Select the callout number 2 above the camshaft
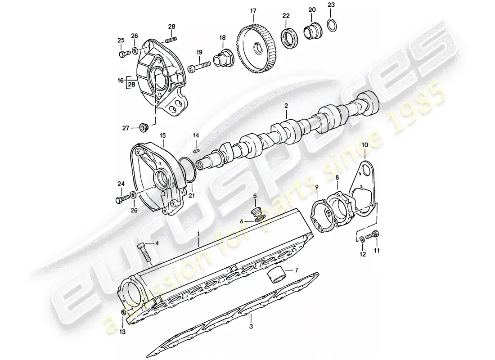(x=285, y=106)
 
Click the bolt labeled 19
(x=201, y=67)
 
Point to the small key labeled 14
(x=196, y=150)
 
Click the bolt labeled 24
(x=121, y=198)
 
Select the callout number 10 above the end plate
(x=364, y=145)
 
